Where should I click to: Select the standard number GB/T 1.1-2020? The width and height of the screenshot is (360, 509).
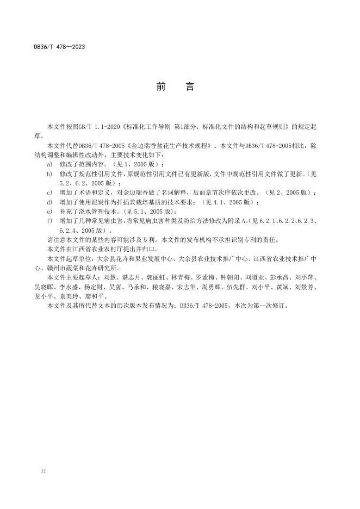pyautogui.click(x=103, y=127)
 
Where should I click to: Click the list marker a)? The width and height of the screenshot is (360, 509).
pyautogui.click(x=49, y=164)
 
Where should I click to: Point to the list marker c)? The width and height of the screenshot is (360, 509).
pyautogui.click(x=49, y=193)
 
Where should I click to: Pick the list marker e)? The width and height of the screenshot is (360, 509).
pyautogui.click(x=49, y=211)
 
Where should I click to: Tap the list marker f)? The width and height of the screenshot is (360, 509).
pyautogui.click(x=49, y=220)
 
